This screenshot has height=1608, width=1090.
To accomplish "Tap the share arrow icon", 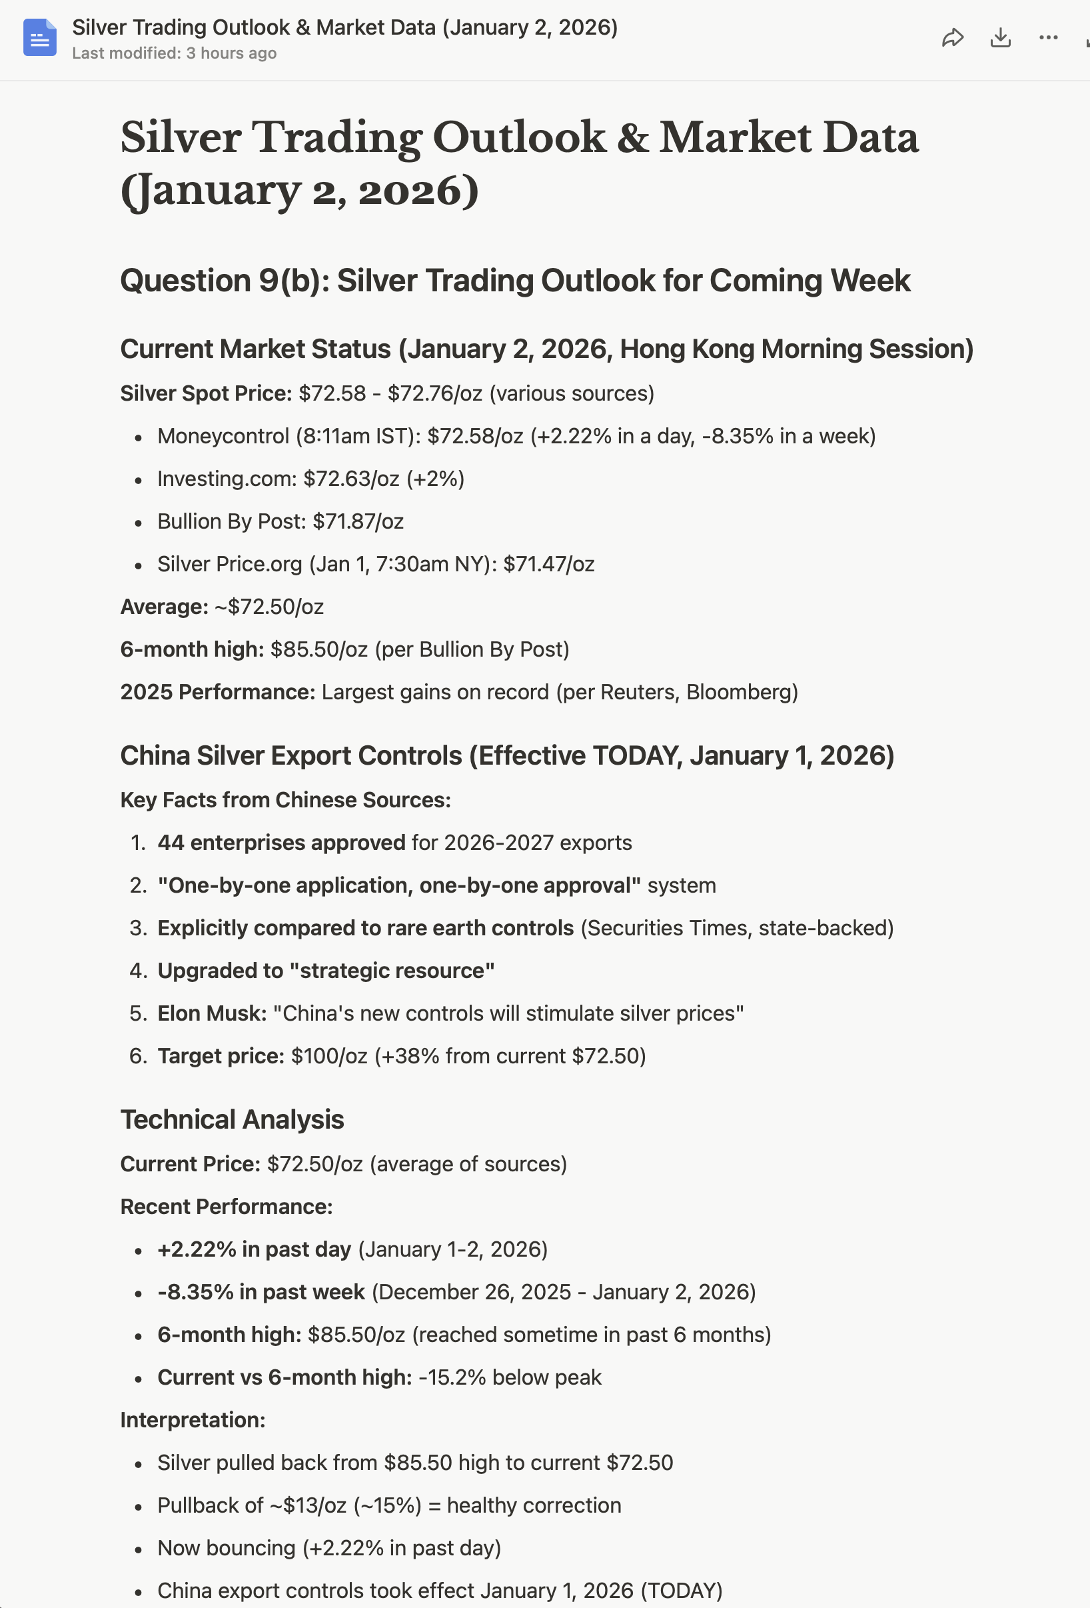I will pos(952,37).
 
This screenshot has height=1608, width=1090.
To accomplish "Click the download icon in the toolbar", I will pos(1000,37).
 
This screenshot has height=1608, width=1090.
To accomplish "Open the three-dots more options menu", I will pos(1048,37).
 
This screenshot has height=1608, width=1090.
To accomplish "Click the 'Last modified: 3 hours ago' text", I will pos(175,53).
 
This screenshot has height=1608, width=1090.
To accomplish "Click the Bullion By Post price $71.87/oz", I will pos(358,522).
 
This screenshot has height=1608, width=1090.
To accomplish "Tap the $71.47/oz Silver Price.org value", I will pos(548,565).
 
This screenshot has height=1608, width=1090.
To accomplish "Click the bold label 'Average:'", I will pos(164,607).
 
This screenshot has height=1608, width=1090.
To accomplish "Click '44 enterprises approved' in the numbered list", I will pos(280,843).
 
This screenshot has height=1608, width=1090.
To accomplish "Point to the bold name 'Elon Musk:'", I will pos(212,1013).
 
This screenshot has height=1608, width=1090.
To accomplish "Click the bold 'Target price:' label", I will pos(221,1057).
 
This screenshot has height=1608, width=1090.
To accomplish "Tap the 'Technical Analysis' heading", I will pos(232,1119).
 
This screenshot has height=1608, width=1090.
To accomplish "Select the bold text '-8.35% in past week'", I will pos(261,1293).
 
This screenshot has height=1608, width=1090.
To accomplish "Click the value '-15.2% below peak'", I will pos(510,1377).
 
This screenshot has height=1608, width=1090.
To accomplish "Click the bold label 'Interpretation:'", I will pos(193,1421).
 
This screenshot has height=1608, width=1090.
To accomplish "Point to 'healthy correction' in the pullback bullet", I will pos(534,1505).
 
